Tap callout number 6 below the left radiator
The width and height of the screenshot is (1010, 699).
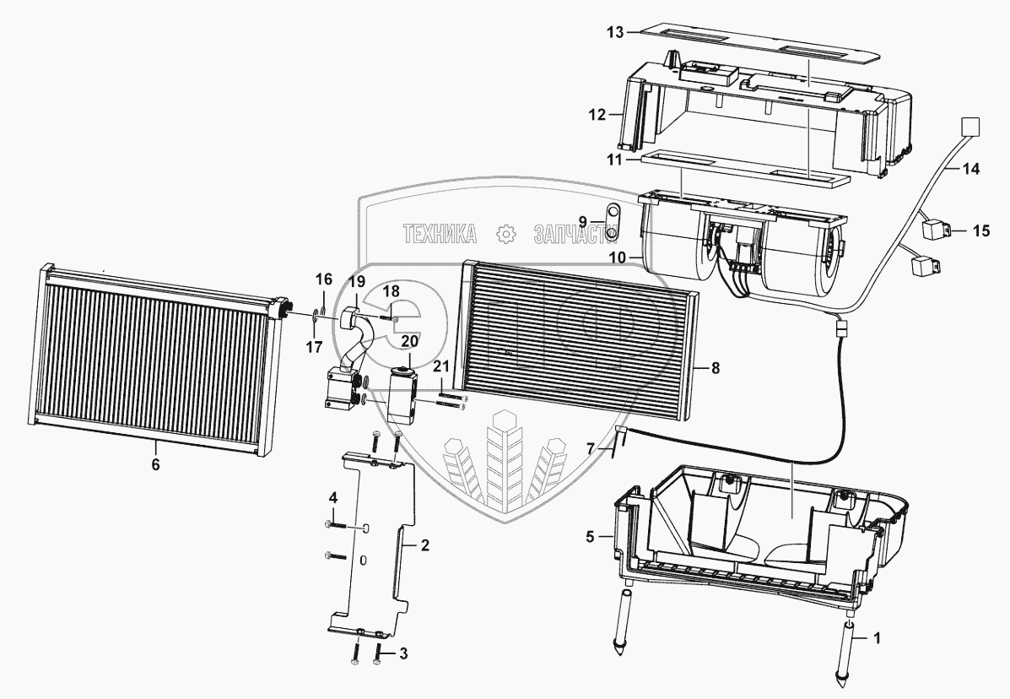coord(155,463)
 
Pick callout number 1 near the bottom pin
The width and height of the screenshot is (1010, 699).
coord(878,639)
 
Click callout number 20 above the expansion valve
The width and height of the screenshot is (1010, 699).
coord(409,341)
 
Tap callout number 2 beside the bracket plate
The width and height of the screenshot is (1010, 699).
coord(425,545)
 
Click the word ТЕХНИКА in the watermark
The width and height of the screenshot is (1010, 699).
coord(438,234)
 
